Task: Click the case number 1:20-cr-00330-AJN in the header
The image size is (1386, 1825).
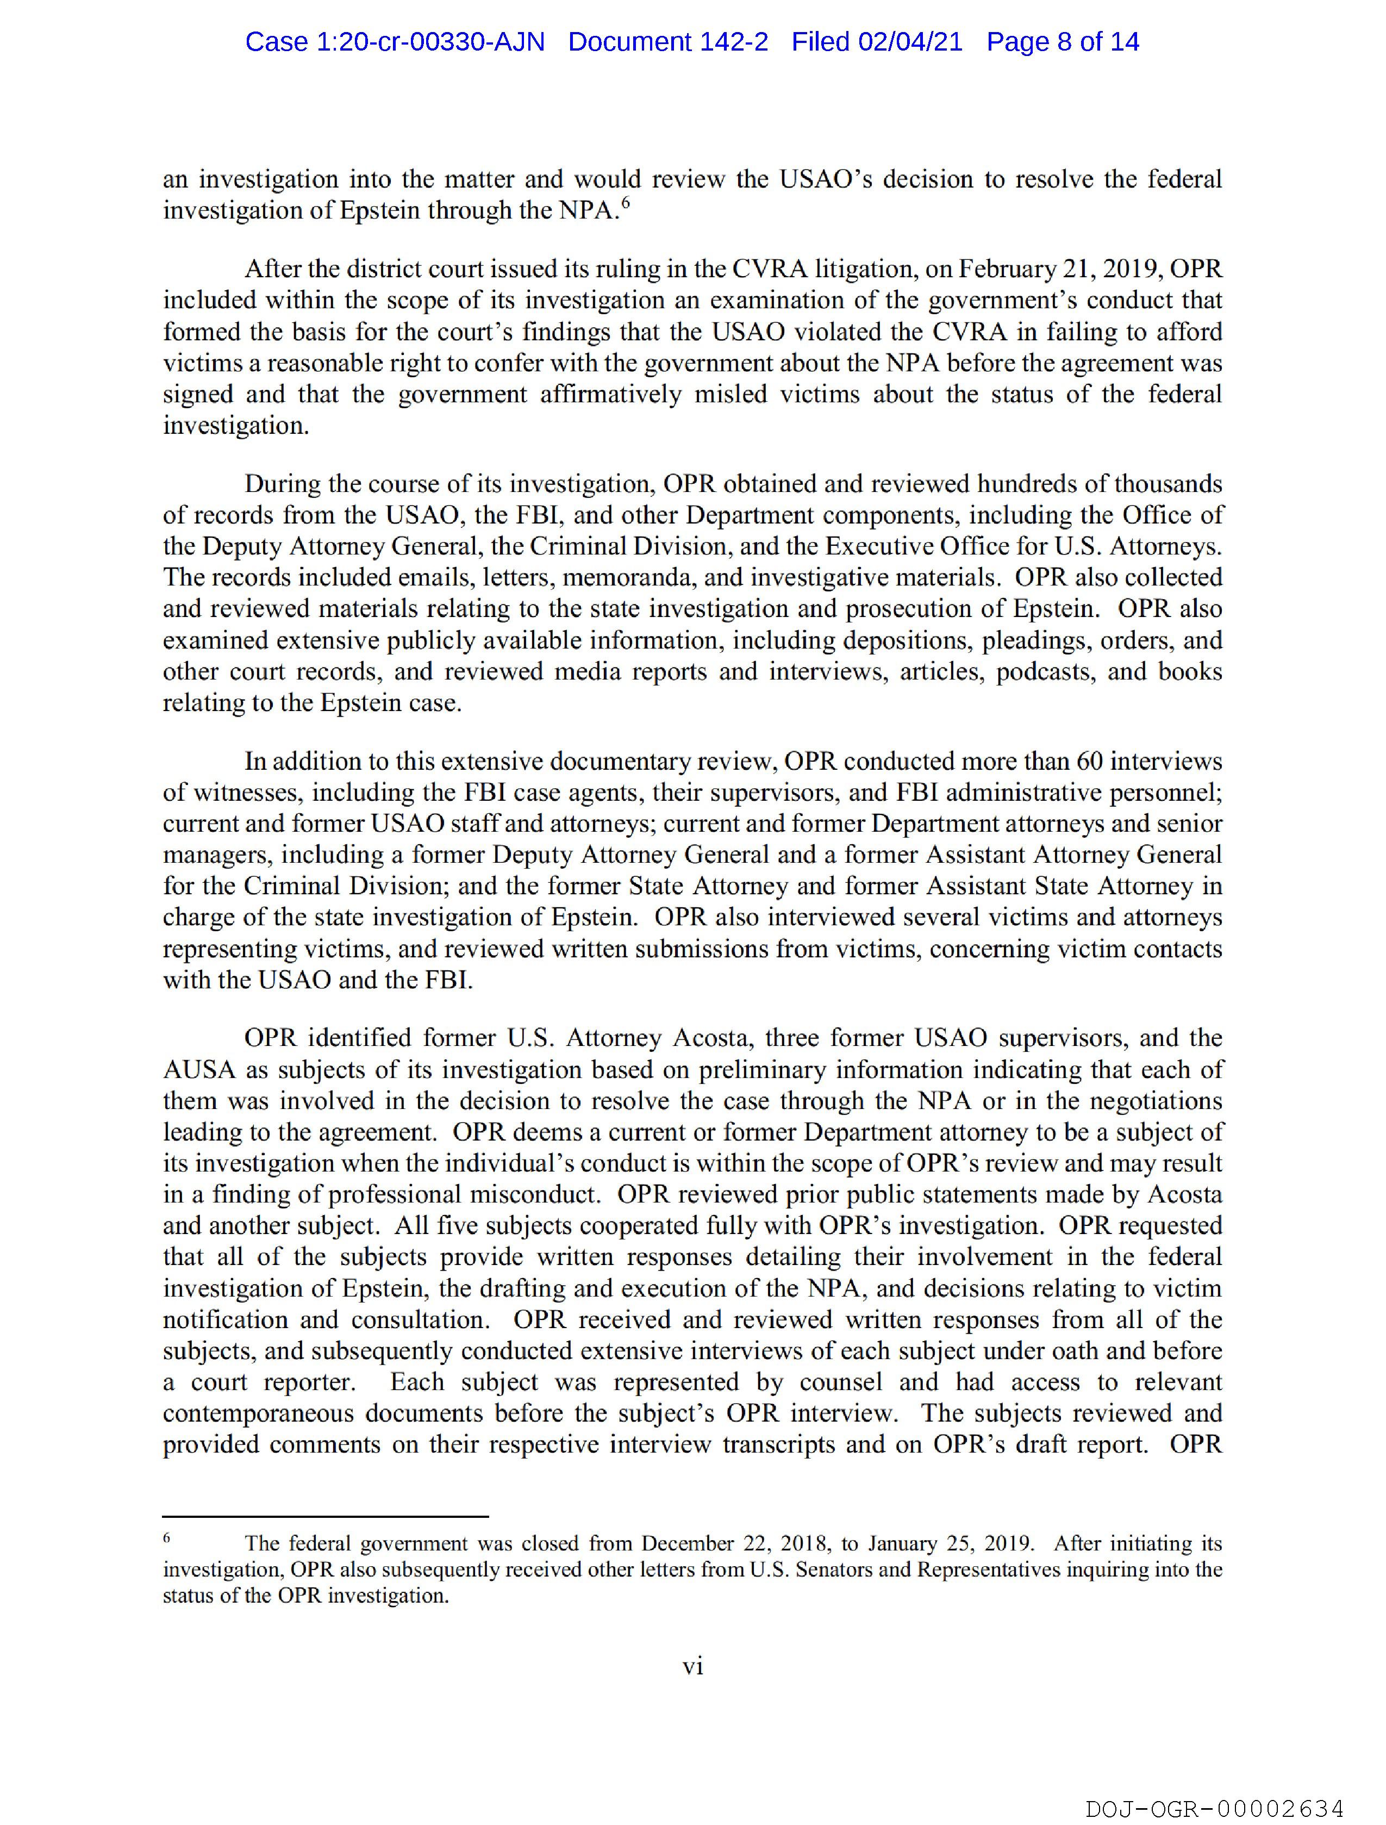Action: point(395,42)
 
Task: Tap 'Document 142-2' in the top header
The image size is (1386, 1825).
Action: point(667,42)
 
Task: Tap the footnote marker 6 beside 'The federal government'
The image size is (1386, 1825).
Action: point(167,1537)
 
